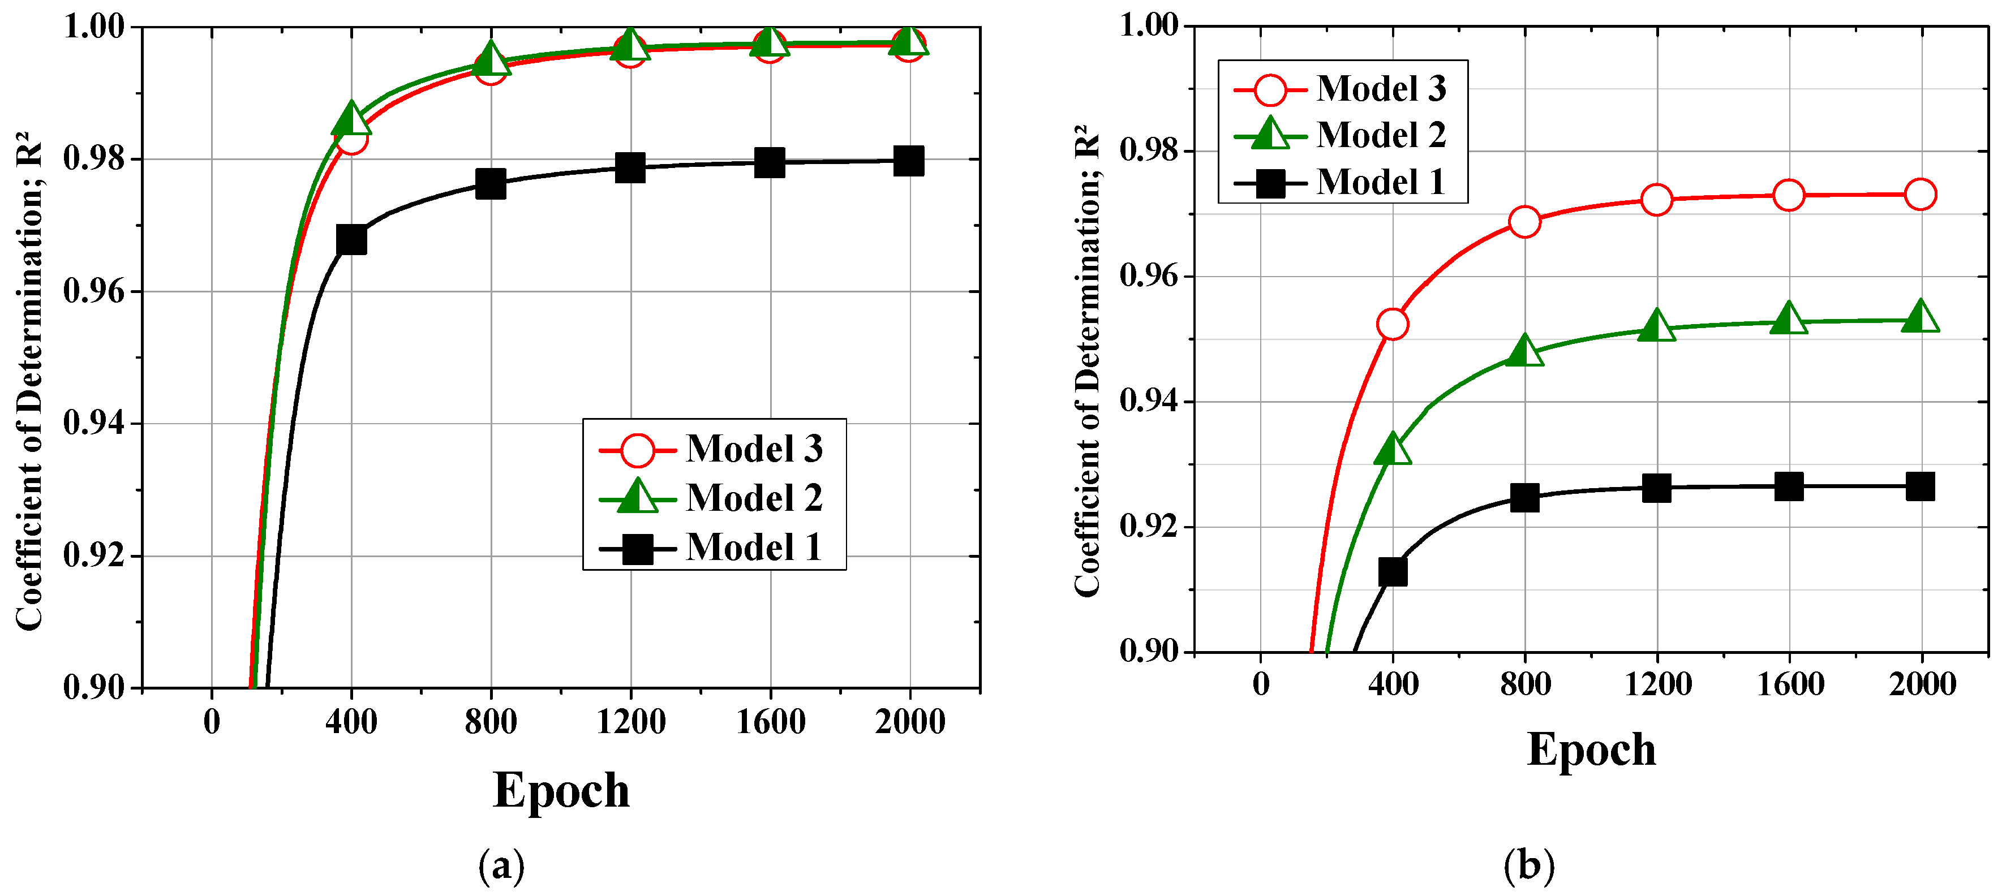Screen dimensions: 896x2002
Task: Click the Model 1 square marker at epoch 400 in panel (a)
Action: pos(351,240)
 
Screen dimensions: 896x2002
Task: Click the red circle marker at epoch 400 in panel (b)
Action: pos(1392,324)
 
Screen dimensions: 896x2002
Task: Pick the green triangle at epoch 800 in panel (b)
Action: pos(1524,351)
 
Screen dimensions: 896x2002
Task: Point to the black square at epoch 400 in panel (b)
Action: pos(1392,572)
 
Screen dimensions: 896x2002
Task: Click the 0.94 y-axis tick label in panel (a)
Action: pos(93,424)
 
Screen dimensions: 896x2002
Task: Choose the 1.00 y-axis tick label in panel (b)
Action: pos(1149,25)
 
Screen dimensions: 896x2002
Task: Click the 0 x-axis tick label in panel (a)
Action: pos(212,722)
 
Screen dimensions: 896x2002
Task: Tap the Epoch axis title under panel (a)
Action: pos(561,790)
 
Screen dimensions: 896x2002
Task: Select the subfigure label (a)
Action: pos(501,865)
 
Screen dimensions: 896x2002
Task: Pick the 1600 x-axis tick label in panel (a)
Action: pos(770,722)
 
